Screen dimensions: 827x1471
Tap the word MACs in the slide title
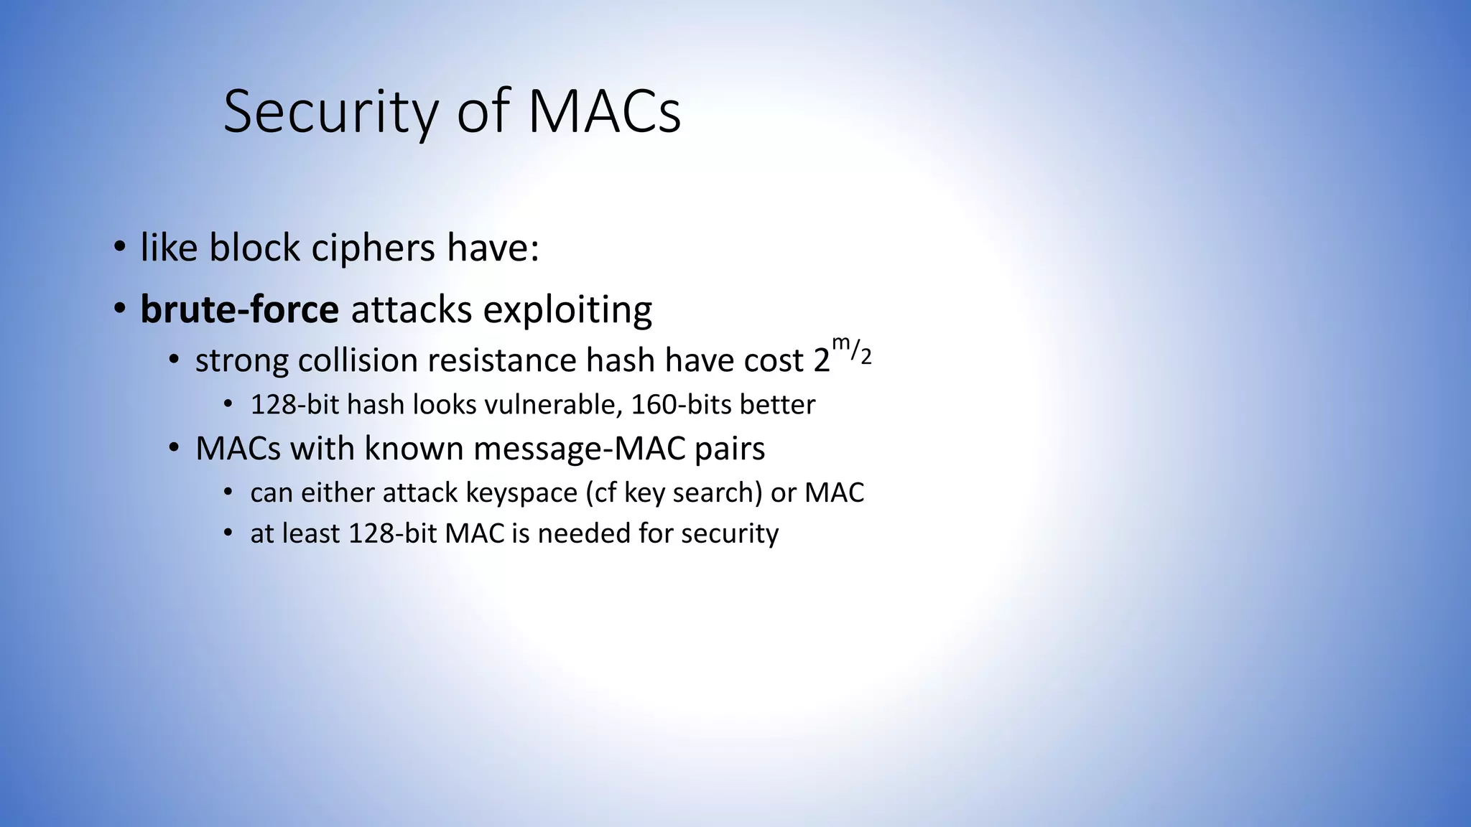(604, 112)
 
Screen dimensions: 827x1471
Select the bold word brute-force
(239, 309)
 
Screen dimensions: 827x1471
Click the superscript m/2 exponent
(852, 350)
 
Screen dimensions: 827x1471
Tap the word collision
(358, 360)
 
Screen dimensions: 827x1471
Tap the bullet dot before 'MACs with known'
(174, 449)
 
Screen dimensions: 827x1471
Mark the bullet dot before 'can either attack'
(228, 492)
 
